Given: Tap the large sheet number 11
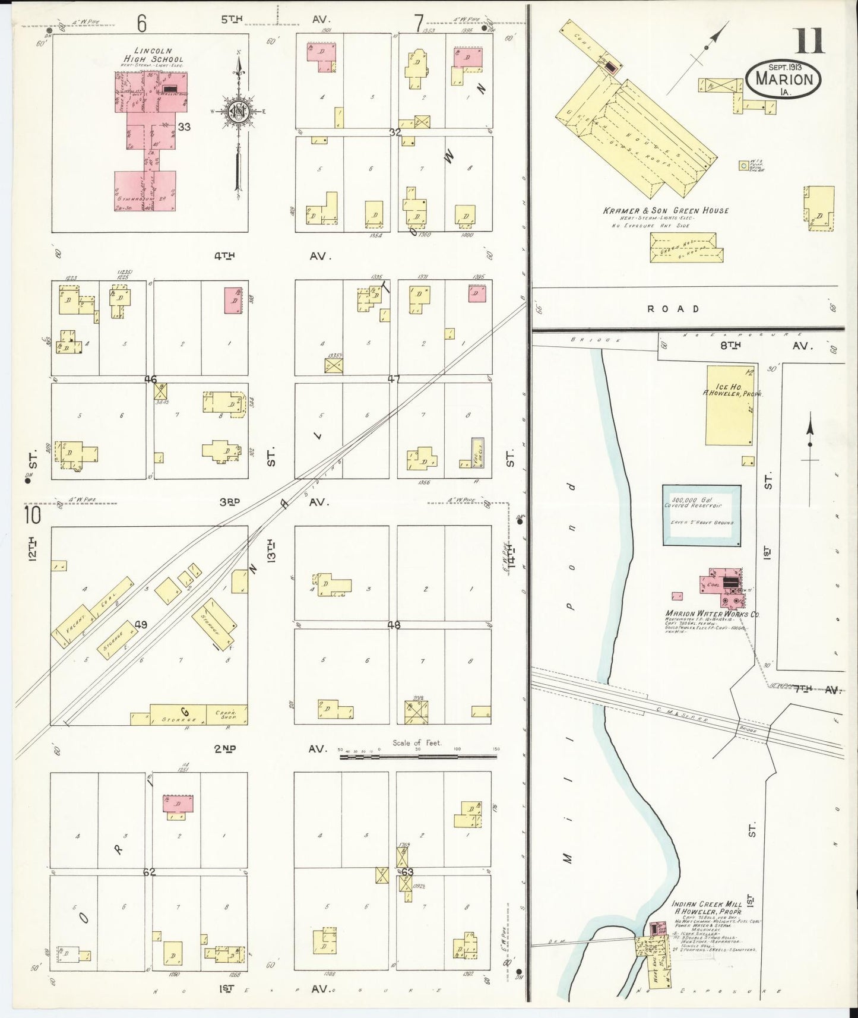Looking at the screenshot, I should point(809,42).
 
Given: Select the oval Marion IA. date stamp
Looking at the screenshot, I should point(783,77).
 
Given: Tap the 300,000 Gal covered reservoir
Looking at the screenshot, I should point(701,515).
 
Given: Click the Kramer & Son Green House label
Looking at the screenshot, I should point(665,210).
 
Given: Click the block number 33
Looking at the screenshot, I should point(184,127).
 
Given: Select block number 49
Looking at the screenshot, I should point(141,624).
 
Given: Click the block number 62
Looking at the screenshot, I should point(149,872).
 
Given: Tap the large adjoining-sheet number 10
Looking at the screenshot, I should point(33,515).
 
